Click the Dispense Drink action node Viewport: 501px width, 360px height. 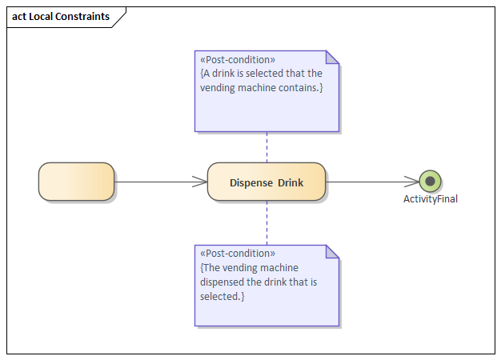tap(266, 182)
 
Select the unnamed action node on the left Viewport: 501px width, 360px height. tap(76, 182)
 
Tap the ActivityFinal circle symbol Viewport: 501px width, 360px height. tap(430, 182)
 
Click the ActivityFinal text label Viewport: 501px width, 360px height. tap(430, 199)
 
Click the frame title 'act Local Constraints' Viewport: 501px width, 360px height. tap(61, 16)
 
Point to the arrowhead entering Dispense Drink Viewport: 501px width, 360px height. tap(201, 182)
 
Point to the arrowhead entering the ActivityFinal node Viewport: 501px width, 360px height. tap(412, 182)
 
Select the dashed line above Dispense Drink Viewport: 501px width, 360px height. tap(267, 146)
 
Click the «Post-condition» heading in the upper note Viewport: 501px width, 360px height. tap(238, 60)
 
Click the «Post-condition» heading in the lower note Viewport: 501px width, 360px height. tap(238, 254)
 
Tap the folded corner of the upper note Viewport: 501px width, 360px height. tap(332, 58)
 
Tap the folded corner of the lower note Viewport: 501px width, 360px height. tap(332, 251)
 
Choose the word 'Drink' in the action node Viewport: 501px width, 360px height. tap(291, 182)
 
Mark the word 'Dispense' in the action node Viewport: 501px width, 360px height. tap(251, 182)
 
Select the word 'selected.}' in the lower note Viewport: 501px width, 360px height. tap(222, 296)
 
